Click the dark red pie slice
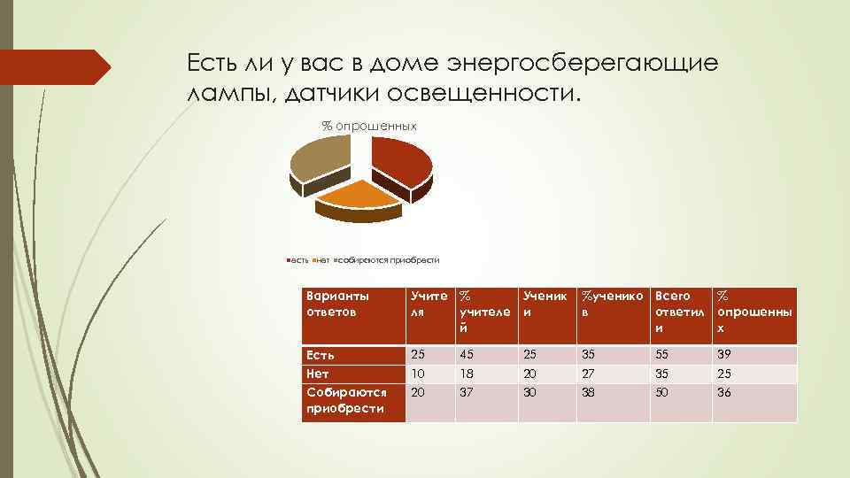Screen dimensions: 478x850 click(x=403, y=164)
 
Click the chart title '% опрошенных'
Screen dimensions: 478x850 click(x=368, y=127)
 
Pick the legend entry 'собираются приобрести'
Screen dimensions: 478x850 click(x=390, y=260)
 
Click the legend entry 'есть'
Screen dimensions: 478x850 click(x=299, y=260)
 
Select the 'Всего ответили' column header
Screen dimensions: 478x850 click(x=678, y=311)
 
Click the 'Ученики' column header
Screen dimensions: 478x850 click(x=544, y=303)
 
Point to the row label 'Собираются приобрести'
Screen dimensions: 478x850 click(x=344, y=399)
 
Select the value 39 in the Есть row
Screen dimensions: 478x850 click(x=723, y=355)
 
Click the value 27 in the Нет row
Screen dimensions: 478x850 click(x=587, y=374)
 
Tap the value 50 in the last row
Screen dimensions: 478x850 click(x=661, y=392)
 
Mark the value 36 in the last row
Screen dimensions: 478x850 click(x=723, y=392)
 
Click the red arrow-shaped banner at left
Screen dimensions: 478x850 click(x=53, y=67)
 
